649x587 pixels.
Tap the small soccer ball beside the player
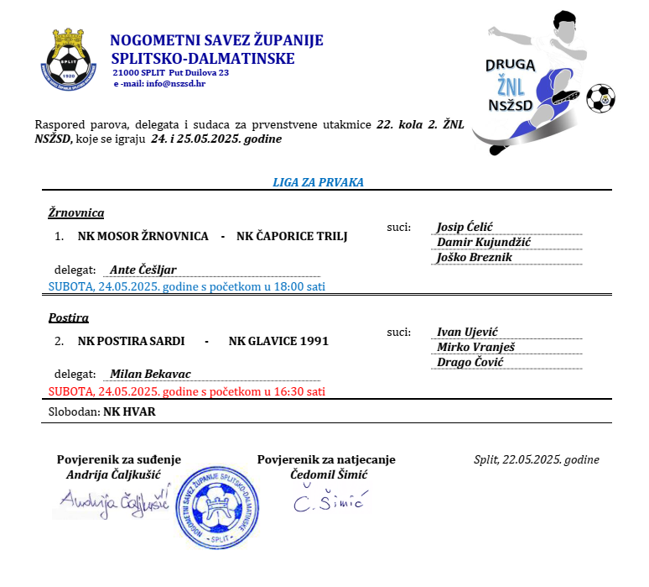point(600,97)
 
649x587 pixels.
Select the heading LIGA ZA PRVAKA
point(318,182)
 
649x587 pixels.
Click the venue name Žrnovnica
point(76,212)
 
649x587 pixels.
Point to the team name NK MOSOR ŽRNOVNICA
point(143,236)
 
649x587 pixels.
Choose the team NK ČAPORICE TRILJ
point(292,236)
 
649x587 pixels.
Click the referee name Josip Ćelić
point(465,228)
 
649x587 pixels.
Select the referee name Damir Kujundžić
point(484,243)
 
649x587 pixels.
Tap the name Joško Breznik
point(474,258)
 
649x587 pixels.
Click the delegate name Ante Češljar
point(143,270)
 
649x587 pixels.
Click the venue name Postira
point(69,317)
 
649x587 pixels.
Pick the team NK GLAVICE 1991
point(278,341)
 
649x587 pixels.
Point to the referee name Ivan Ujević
point(467,333)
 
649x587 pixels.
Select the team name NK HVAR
point(129,412)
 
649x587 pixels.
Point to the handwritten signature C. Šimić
point(327,501)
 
